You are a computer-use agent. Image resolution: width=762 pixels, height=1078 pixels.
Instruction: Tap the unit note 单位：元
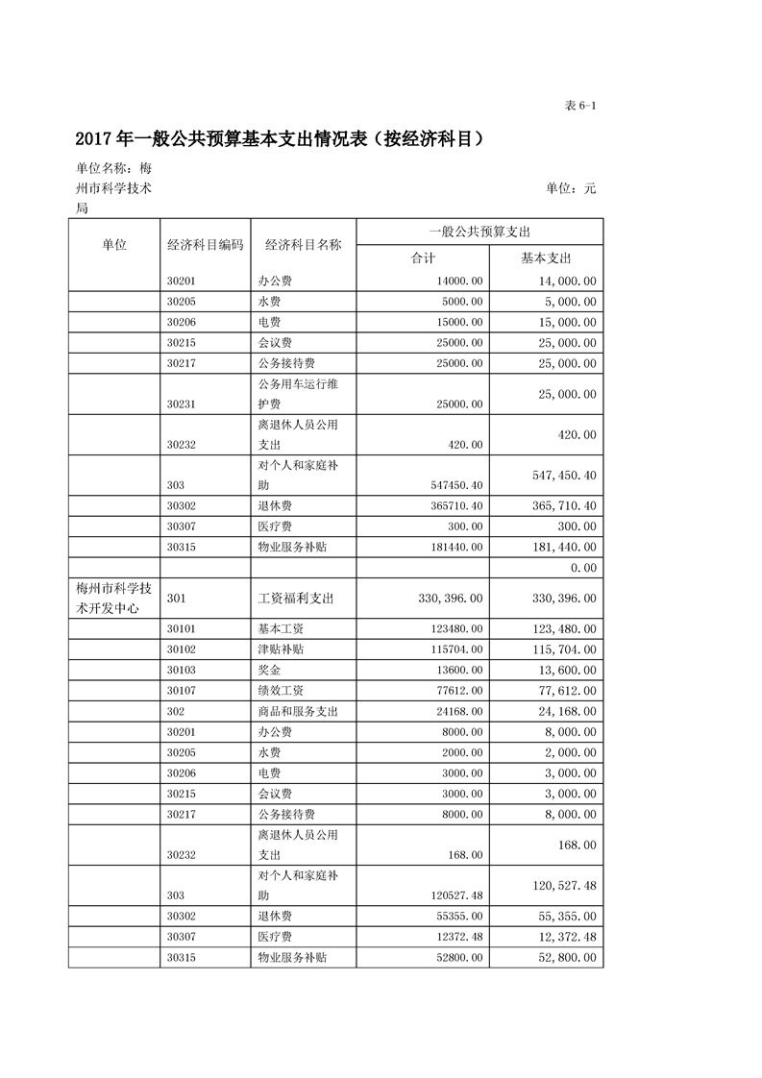click(571, 188)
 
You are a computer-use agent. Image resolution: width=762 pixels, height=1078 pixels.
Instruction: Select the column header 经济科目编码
click(205, 245)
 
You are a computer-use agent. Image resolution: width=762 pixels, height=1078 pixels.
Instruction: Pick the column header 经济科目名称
click(303, 245)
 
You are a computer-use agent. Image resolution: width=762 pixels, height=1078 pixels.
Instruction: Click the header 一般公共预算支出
click(479, 232)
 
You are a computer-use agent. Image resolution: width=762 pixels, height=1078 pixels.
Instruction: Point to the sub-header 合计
click(423, 258)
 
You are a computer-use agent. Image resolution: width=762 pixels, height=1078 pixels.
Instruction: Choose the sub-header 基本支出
click(546, 258)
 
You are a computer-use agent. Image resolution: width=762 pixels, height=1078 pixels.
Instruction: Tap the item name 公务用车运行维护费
click(298, 394)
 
